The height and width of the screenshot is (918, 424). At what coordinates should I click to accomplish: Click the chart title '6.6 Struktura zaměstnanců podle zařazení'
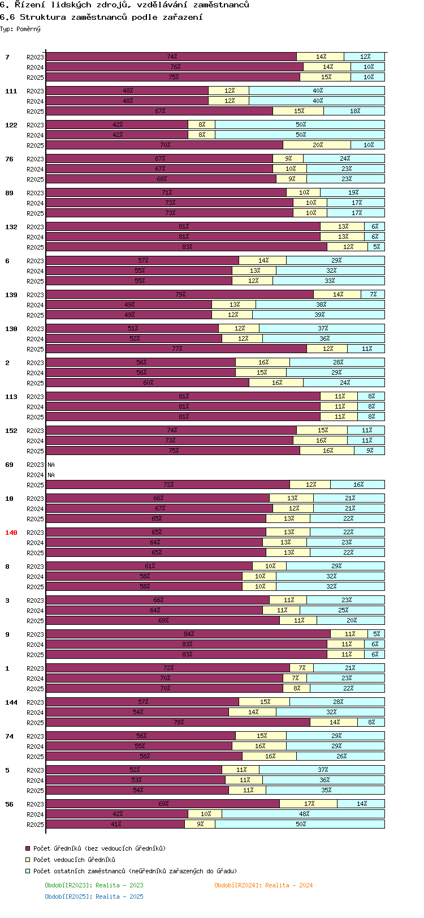[102, 17]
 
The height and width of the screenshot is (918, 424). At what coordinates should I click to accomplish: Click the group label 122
[11, 125]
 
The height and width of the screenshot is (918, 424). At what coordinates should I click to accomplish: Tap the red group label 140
[11, 533]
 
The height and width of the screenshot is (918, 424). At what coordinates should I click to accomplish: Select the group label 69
[10, 465]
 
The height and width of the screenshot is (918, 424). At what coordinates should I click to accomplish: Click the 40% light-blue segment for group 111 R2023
[317, 91]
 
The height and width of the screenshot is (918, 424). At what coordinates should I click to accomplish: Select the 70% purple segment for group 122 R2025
[165, 145]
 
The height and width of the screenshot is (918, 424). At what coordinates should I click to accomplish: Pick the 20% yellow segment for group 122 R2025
[317, 145]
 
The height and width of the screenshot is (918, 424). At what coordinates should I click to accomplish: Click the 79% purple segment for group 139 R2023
[180, 294]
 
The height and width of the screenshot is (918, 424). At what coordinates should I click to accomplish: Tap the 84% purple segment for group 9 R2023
[188, 634]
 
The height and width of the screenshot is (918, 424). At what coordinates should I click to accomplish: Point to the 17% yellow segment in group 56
[309, 804]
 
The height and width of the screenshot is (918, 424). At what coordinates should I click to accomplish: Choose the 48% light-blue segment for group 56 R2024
[304, 814]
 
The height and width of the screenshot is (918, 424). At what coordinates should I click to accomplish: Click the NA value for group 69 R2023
[51, 465]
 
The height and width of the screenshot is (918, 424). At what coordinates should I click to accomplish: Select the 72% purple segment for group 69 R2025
[168, 484]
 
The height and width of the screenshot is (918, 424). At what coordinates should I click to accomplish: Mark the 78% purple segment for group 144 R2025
[178, 722]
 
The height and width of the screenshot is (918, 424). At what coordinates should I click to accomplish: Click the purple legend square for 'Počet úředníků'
[27, 848]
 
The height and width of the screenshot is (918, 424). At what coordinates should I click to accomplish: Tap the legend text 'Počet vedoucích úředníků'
[74, 860]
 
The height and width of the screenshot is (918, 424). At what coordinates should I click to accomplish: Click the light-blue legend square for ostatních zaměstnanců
[27, 871]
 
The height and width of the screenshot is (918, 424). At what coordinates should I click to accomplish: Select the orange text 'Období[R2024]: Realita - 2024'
[263, 885]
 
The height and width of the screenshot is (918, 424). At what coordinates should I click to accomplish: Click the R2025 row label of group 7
[35, 78]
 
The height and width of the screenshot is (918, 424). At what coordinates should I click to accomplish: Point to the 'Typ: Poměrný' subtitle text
[20, 29]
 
